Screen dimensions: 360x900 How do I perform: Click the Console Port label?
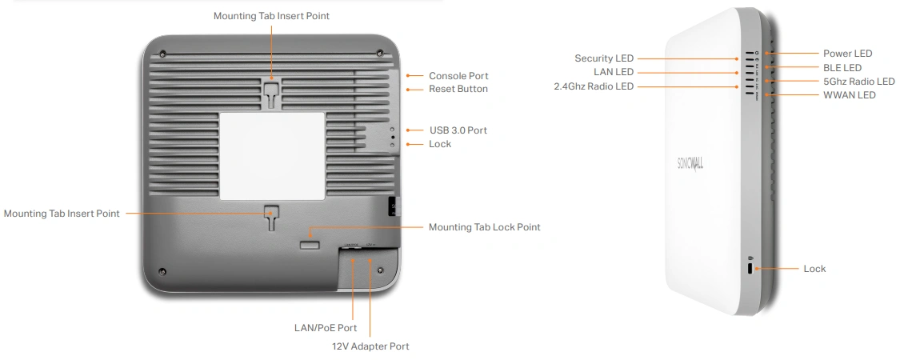click(458, 76)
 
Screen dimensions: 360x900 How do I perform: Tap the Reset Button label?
click(458, 89)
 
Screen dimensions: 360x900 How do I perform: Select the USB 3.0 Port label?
click(458, 130)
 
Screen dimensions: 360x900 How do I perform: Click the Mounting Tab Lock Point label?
click(484, 227)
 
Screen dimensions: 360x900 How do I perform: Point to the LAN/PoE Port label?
click(326, 328)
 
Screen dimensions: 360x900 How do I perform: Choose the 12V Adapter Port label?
click(370, 346)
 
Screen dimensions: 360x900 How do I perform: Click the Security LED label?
click(603, 58)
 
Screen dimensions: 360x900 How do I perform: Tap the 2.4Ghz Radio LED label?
click(593, 86)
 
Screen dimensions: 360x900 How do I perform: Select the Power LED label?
click(847, 54)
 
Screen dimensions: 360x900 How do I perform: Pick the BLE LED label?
click(842, 68)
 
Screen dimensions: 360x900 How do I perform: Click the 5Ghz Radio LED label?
click(858, 82)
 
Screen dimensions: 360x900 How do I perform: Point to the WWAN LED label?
click(849, 95)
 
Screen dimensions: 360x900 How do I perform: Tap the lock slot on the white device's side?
click(750, 269)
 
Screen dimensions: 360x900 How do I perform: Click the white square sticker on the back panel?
click(272, 155)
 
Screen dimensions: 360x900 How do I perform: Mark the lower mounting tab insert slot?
click(272, 214)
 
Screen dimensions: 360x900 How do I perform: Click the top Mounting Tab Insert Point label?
click(271, 16)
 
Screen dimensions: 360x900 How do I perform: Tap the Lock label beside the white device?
click(814, 269)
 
